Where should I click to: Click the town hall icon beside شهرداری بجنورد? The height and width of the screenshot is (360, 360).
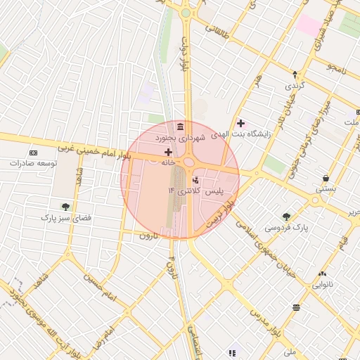181,127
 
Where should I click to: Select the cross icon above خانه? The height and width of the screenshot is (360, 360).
168,151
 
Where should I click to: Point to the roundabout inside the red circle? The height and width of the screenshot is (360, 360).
189,162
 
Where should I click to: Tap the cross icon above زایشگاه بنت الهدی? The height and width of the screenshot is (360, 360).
241,123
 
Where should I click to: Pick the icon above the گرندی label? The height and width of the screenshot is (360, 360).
295,74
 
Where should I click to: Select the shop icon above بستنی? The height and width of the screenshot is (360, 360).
326,178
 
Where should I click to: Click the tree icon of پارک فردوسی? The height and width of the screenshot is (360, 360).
286,217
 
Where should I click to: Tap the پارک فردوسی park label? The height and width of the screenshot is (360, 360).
287,228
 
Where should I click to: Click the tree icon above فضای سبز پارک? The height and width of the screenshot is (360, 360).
65,207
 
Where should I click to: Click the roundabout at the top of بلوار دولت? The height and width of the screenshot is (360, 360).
186,13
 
